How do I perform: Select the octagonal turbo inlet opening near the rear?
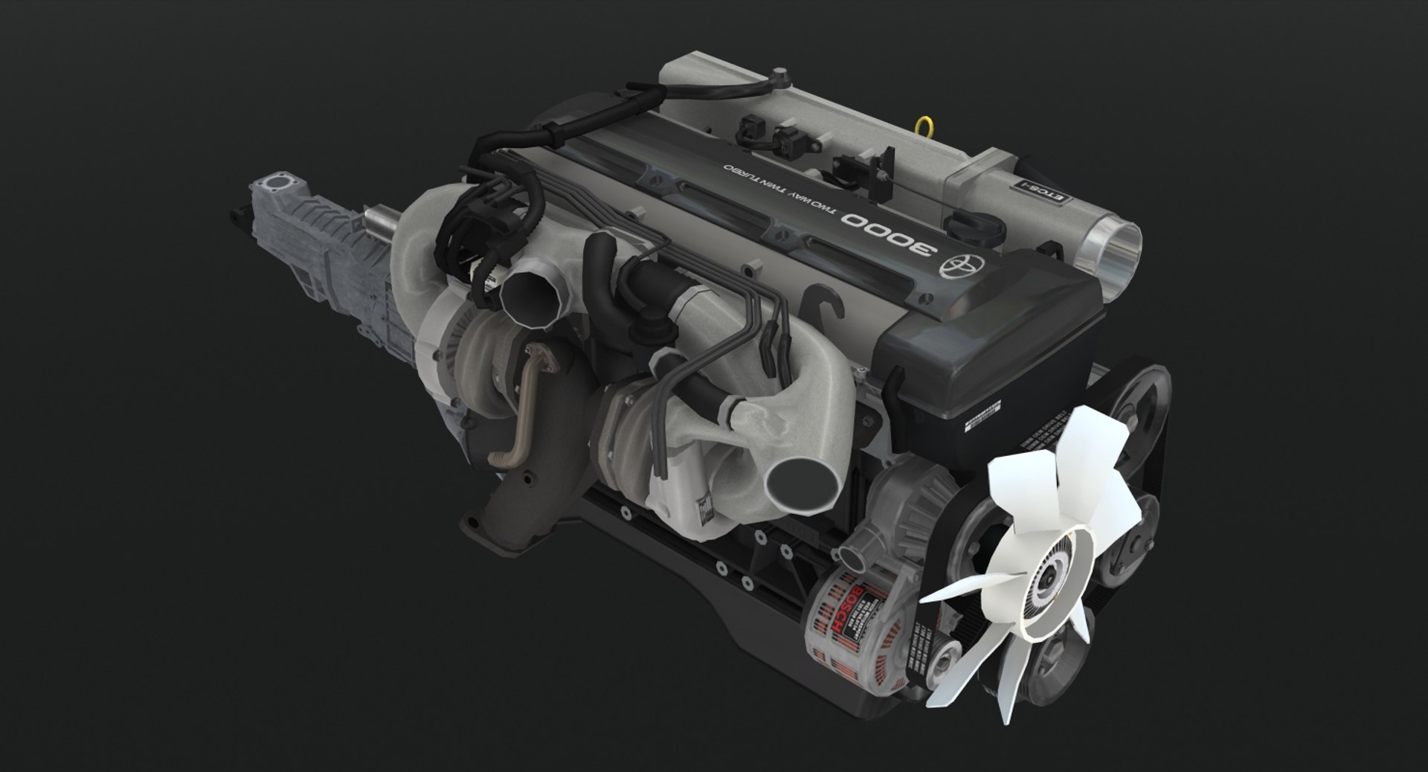(x=530, y=297)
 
